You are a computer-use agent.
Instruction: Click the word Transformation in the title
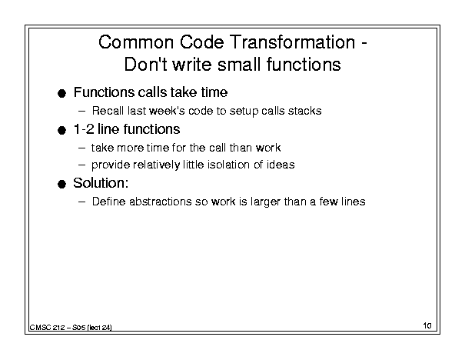tap(292, 42)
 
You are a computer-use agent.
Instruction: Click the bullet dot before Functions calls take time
tap(61, 94)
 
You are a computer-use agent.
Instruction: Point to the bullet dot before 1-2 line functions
tap(61, 131)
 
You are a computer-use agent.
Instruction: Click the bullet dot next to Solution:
tap(61, 185)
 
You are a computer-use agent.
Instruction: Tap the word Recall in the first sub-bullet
tap(108, 111)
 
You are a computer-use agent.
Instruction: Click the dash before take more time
tap(81, 148)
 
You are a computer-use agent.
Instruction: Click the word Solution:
tap(101, 183)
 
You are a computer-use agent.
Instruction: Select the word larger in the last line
tap(265, 202)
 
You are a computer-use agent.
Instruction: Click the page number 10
tap(427, 325)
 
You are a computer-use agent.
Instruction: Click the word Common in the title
tap(136, 42)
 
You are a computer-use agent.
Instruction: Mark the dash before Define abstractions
tap(81, 202)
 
